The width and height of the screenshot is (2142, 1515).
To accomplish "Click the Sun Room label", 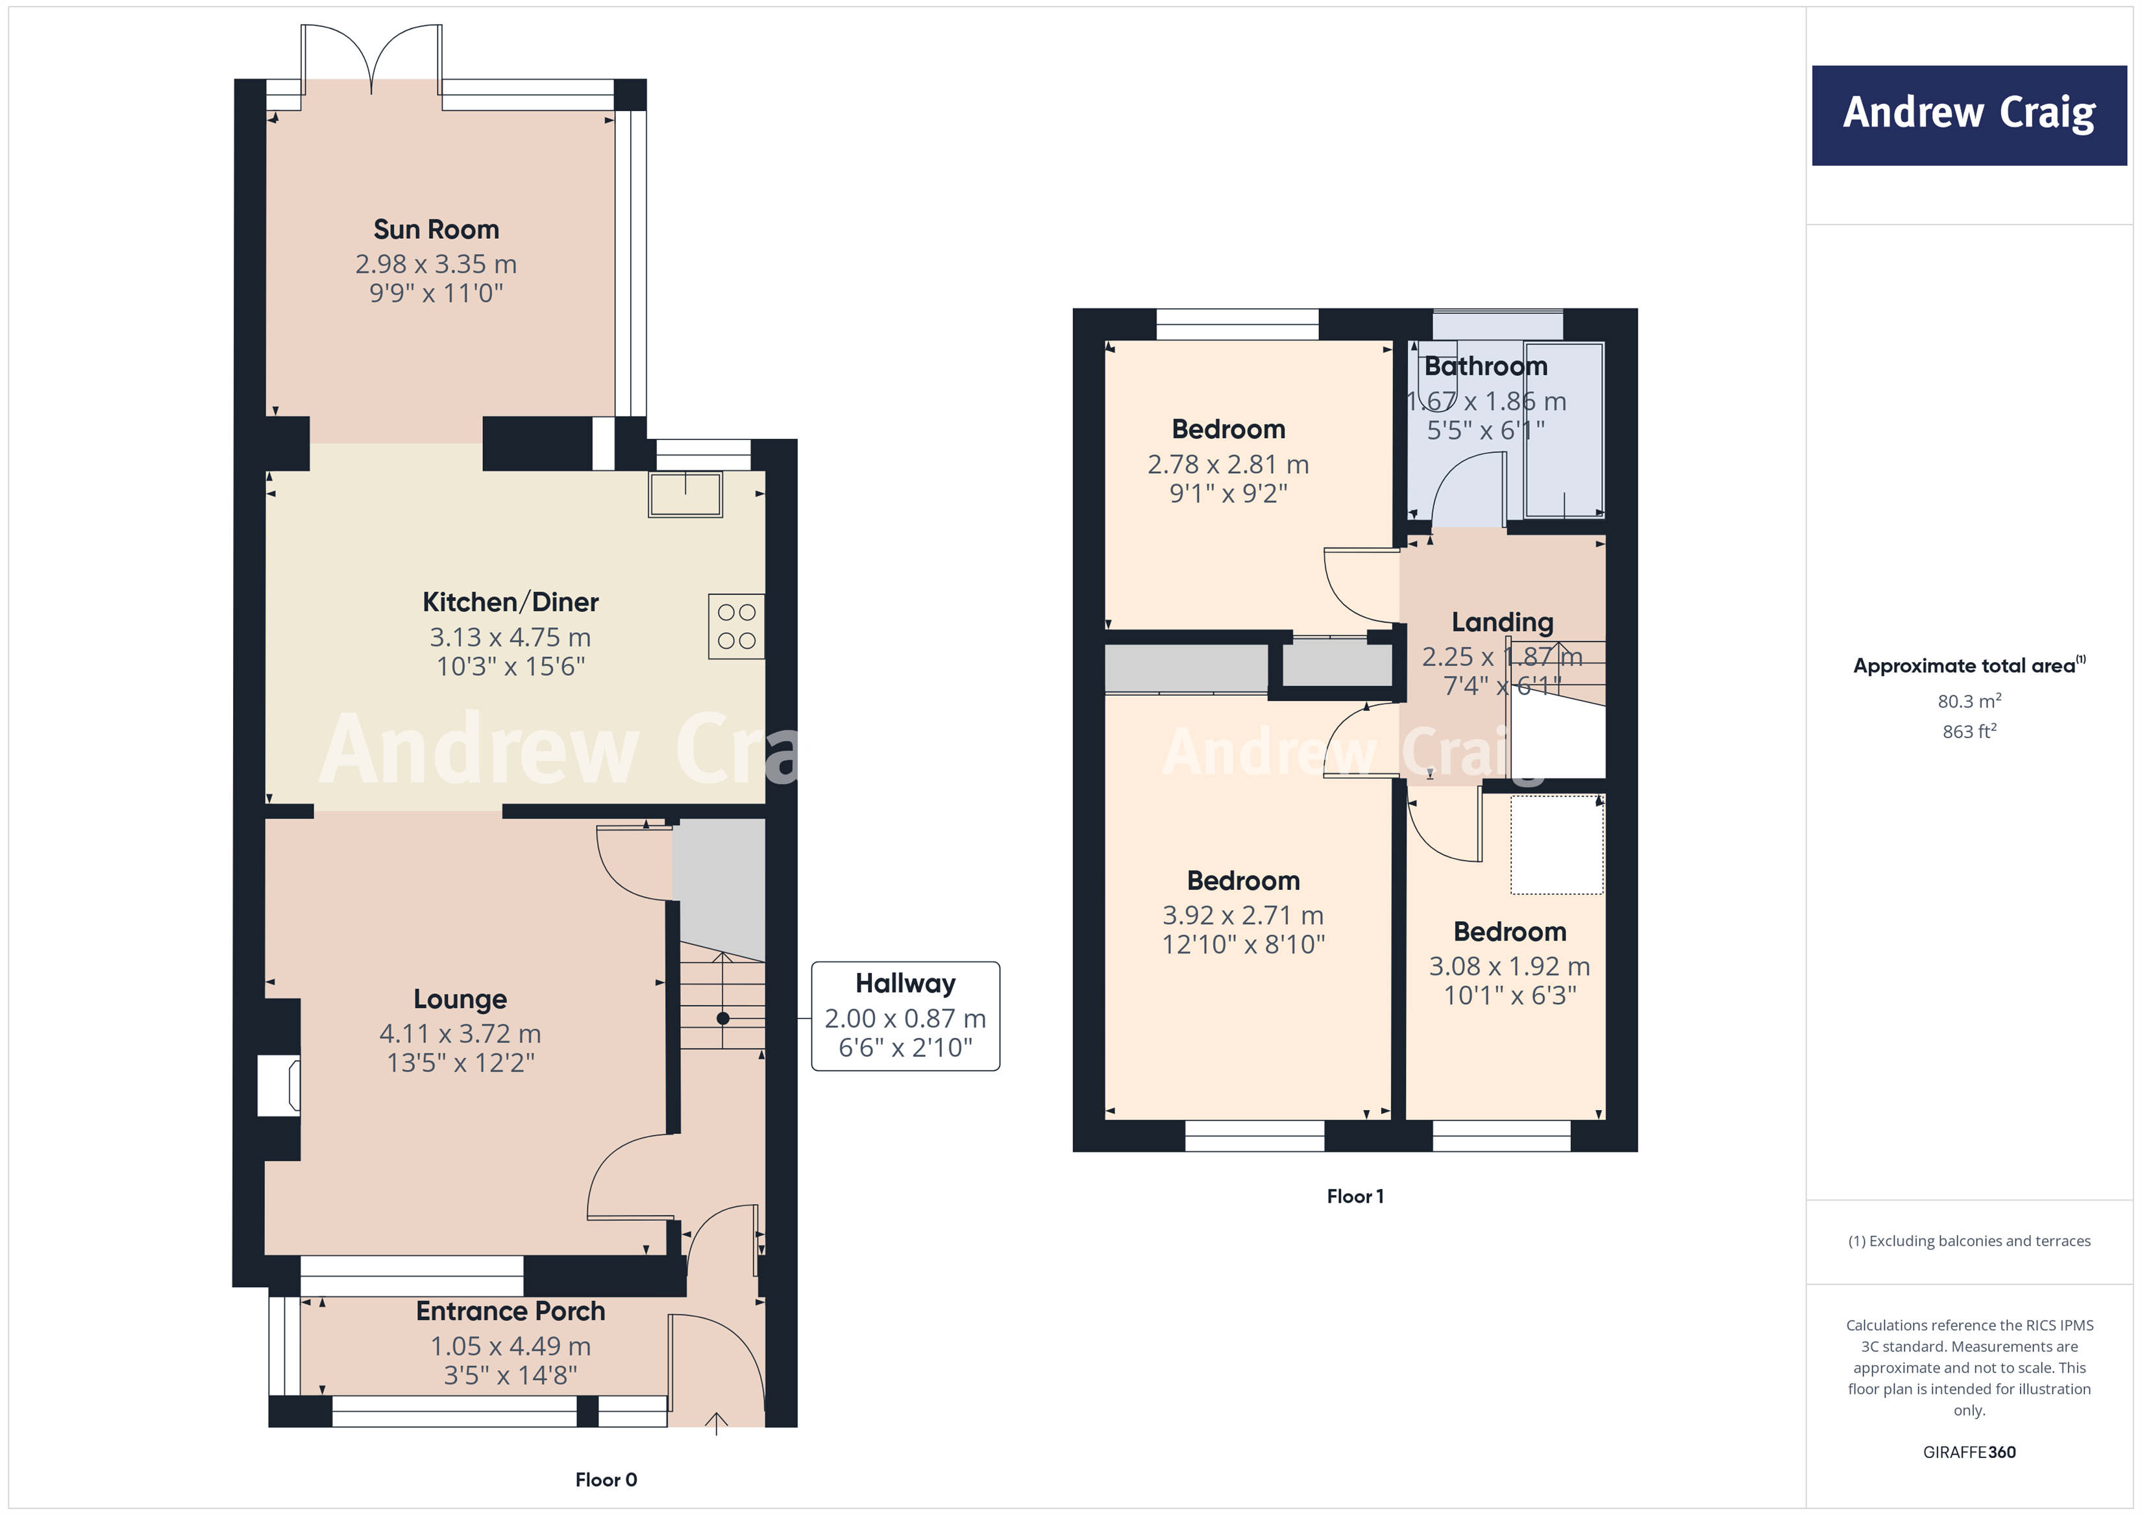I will coord(436,230).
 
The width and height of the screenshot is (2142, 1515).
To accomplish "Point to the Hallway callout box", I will coord(905,1016).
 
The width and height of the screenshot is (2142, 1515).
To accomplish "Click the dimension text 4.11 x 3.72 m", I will coord(460,1033).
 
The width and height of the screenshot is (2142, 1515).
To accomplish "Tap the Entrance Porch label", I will coord(510,1311).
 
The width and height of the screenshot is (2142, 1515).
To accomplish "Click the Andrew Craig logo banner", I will coord(1969,115).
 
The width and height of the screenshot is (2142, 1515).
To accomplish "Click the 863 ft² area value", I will coord(1969,732).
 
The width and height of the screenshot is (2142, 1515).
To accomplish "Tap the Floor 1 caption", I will coord(1355,1196).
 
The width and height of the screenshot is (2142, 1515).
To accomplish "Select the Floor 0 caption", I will coord(606,1479).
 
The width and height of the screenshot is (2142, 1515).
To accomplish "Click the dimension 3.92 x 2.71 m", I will coord(1242,915).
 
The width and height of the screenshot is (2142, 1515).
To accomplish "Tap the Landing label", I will coord(1502,622).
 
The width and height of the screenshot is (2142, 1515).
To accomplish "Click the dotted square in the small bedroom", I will coord(1556,844).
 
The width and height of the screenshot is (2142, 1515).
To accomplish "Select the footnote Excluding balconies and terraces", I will coord(1969,1240).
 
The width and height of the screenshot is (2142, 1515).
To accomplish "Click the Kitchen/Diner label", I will coord(510,602).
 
